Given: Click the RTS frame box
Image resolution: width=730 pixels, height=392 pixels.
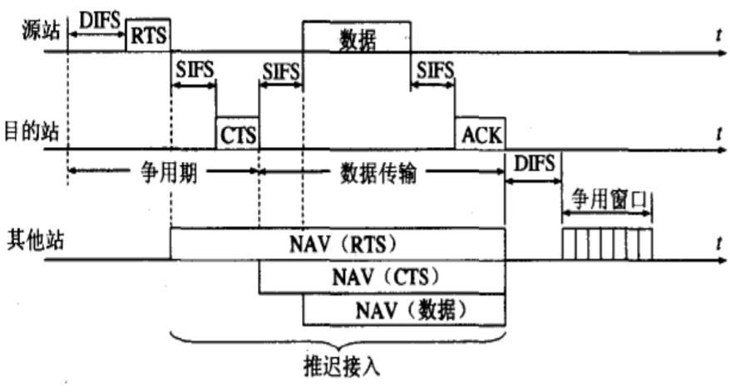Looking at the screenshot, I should pos(148,33).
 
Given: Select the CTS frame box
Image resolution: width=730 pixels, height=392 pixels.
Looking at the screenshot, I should pos(237,133).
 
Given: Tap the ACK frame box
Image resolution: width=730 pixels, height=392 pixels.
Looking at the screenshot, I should pos(481,133).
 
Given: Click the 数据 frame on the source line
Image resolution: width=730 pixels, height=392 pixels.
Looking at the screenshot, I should pos(356,37).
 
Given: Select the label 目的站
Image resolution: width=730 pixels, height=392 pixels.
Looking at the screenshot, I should pos(27,130).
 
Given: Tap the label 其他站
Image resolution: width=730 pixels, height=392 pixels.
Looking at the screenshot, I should pos(27,242).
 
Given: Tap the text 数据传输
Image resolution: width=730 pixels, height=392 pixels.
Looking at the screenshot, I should pos(382,174).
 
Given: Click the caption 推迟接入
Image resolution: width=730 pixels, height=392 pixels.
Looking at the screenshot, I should pos(338,365).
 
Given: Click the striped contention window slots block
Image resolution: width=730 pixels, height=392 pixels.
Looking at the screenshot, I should pos(607,243).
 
